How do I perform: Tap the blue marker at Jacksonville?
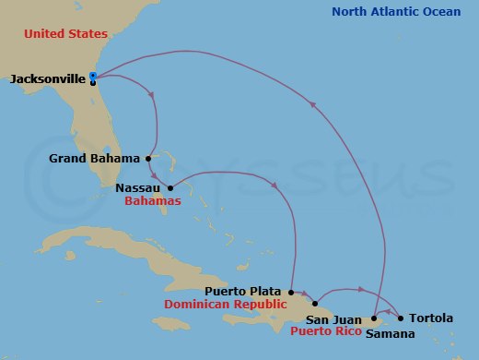pyautogui.click(x=93, y=76)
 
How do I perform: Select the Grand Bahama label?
pyautogui.click(x=94, y=158)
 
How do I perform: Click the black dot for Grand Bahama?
pyautogui.click(x=148, y=158)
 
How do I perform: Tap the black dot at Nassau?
pyautogui.click(x=170, y=188)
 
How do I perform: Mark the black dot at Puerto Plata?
pyautogui.click(x=291, y=290)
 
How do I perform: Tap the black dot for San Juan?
pyautogui.click(x=315, y=304)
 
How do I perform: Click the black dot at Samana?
pyautogui.click(x=374, y=318)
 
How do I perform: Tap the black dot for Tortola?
pyautogui.click(x=401, y=318)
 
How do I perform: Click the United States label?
pyautogui.click(x=65, y=33)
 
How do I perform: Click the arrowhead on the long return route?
pyautogui.click(x=314, y=104)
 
